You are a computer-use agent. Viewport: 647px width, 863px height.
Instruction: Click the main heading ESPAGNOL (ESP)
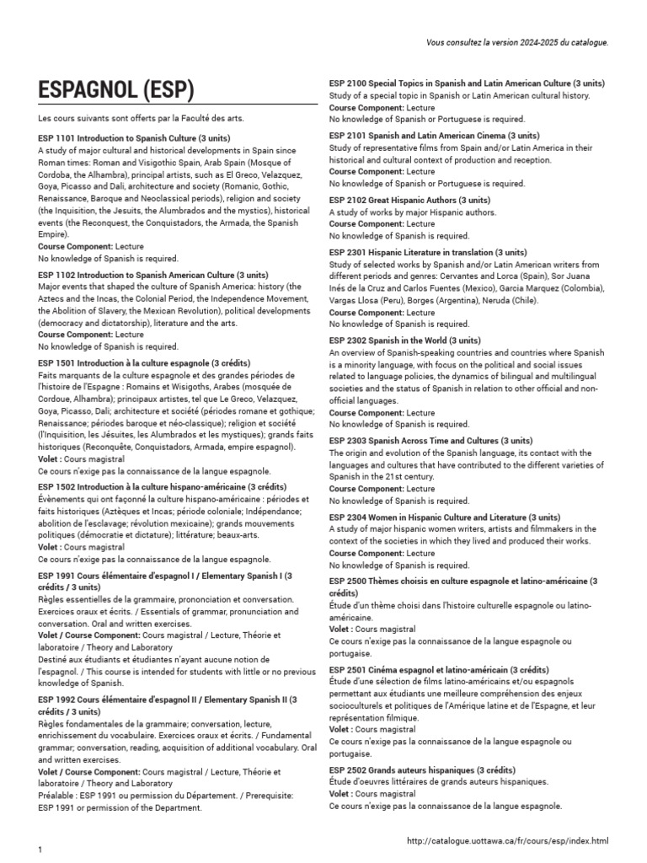tap(116, 90)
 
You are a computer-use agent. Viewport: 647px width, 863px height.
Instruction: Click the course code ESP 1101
tap(56, 137)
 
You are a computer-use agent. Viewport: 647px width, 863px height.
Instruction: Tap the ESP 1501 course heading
tap(144, 363)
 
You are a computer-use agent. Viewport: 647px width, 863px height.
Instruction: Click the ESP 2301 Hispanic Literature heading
tap(428, 252)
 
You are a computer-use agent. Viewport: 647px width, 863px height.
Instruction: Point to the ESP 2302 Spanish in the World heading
tap(405, 340)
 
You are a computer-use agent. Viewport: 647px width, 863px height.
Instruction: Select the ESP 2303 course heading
tap(430, 441)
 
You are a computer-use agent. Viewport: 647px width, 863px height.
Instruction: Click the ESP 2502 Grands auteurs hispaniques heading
tap(433, 770)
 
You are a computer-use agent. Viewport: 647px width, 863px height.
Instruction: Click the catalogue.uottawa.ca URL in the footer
tap(506, 840)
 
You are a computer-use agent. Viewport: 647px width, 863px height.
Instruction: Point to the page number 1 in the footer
tap(40, 850)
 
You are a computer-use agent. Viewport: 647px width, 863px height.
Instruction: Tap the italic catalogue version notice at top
tap(517, 41)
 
